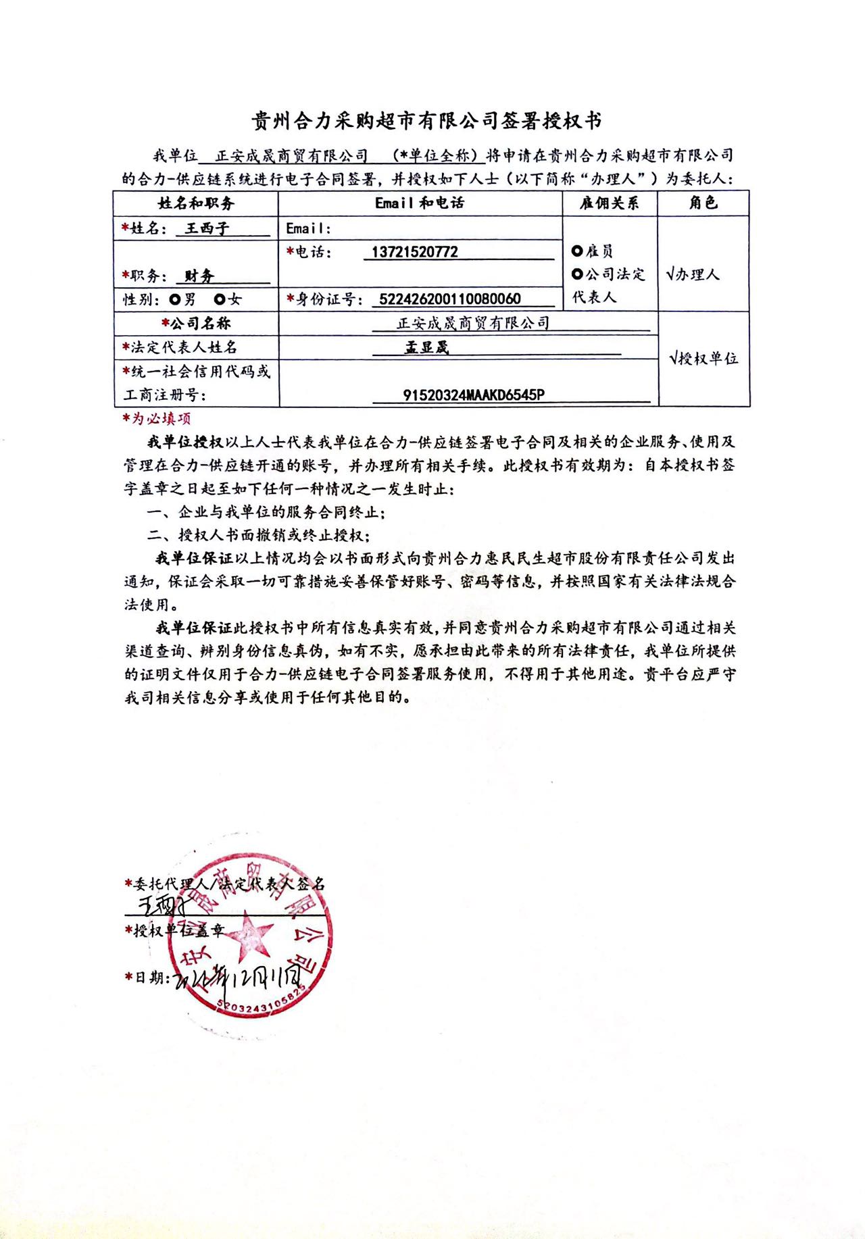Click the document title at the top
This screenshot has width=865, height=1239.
426,122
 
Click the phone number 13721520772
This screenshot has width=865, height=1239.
415,252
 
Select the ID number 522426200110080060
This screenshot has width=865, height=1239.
450,299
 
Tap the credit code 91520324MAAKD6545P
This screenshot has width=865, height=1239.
474,395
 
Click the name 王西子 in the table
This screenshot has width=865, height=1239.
207,228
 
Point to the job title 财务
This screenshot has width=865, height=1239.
199,276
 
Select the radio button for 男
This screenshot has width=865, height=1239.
175,299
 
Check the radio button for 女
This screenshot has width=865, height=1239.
220,299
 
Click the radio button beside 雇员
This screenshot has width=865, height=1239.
577,251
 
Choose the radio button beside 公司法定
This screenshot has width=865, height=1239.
577,274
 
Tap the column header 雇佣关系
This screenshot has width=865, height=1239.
609,203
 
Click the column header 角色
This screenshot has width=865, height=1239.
703,203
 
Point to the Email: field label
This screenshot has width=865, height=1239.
308,228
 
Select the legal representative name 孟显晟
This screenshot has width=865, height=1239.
426,348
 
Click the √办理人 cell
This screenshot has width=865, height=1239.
693,274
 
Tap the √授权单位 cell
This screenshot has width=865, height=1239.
703,359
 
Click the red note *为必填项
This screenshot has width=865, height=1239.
157,418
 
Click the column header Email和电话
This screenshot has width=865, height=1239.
420,203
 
